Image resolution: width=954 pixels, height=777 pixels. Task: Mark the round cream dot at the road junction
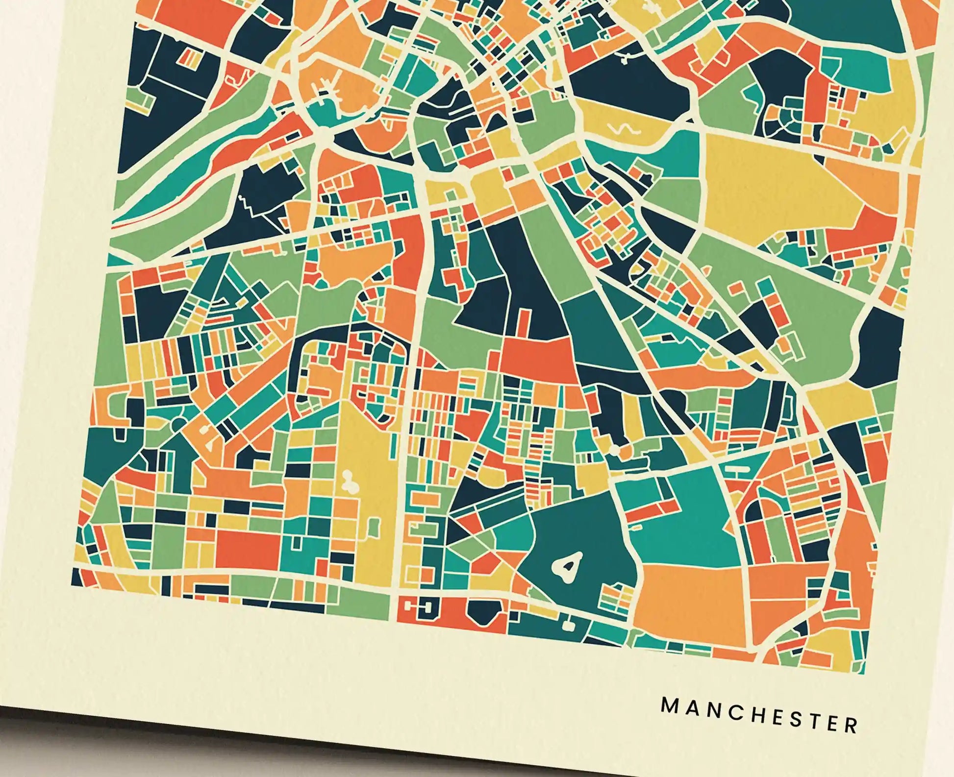(615, 449)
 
